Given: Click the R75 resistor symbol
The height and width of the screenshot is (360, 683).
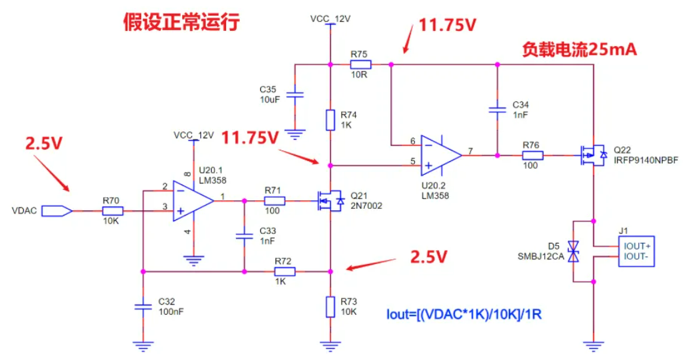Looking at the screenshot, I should point(360,64).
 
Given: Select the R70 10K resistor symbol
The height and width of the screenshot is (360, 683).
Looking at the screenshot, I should point(112,211).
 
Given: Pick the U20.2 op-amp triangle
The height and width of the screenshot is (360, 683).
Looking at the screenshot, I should point(440,156).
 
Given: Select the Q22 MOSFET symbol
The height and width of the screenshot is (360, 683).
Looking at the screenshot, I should point(592,156).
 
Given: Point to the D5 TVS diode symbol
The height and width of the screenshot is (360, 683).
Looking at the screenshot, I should point(573,251).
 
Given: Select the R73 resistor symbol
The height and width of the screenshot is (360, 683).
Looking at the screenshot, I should point(330,306).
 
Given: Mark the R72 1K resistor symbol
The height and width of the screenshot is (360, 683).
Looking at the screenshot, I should point(283,271).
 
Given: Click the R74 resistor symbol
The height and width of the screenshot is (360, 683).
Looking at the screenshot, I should point(330,120).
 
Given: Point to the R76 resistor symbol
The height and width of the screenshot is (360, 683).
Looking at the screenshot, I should point(532,156).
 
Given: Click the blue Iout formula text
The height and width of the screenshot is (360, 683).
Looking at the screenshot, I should point(464,314).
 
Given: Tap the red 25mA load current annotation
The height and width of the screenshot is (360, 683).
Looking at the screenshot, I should point(579,49).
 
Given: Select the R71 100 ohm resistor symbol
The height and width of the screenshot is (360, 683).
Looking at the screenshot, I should point(274,201).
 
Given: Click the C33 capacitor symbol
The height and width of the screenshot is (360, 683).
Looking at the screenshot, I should point(244,236).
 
